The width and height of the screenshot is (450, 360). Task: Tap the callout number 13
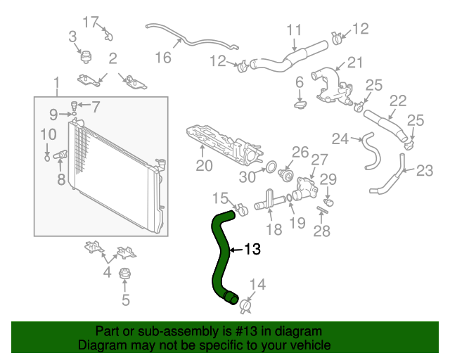point(252,249)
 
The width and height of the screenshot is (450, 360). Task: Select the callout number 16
point(163,57)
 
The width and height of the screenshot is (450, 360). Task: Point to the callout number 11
point(294,30)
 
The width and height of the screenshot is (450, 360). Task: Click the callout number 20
point(204,166)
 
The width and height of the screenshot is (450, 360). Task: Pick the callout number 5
point(125,301)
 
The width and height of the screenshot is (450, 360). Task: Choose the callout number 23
point(425,169)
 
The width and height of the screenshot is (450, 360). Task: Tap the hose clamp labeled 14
point(246,305)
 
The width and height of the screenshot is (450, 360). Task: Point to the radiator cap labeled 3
point(86,56)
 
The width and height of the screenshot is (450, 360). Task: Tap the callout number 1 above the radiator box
point(56,86)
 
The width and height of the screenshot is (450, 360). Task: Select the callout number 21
point(355,63)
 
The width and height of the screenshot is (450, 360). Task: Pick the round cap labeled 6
point(301,105)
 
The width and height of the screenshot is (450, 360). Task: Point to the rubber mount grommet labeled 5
point(125,274)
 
